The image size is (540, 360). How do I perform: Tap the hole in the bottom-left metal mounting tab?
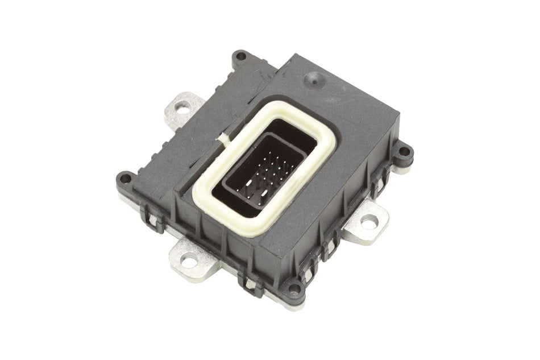coord(192,261)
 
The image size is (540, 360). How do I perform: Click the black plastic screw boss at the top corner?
coord(241,56)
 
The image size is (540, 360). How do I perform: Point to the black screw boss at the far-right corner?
coord(405,151)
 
